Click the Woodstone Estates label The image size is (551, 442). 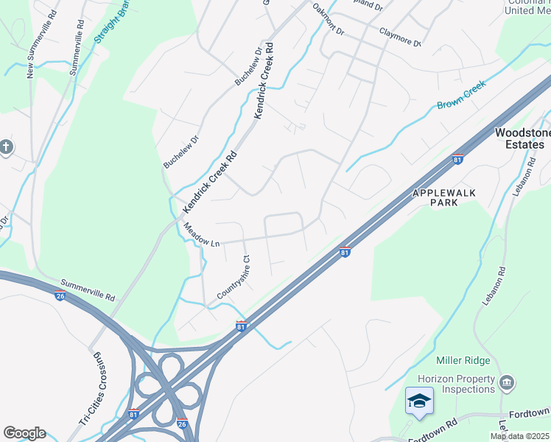tap(519, 138)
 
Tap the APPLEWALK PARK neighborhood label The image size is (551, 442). tap(444, 197)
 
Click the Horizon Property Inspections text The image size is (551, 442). tap(455, 384)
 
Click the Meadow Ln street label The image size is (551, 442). tap(201, 235)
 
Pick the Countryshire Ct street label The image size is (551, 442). tap(235, 278)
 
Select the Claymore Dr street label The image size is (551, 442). tap(400, 37)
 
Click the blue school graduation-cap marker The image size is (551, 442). tap(419, 401)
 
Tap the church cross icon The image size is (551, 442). tap(7, 147)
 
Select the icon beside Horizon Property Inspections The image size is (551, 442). tap(507, 382)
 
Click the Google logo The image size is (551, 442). tap(24, 433)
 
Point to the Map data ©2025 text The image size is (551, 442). tap(519, 436)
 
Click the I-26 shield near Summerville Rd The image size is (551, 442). tap(59, 296)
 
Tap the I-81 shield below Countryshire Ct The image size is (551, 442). tap(242, 325)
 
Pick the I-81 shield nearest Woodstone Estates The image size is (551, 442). tap(457, 159)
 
